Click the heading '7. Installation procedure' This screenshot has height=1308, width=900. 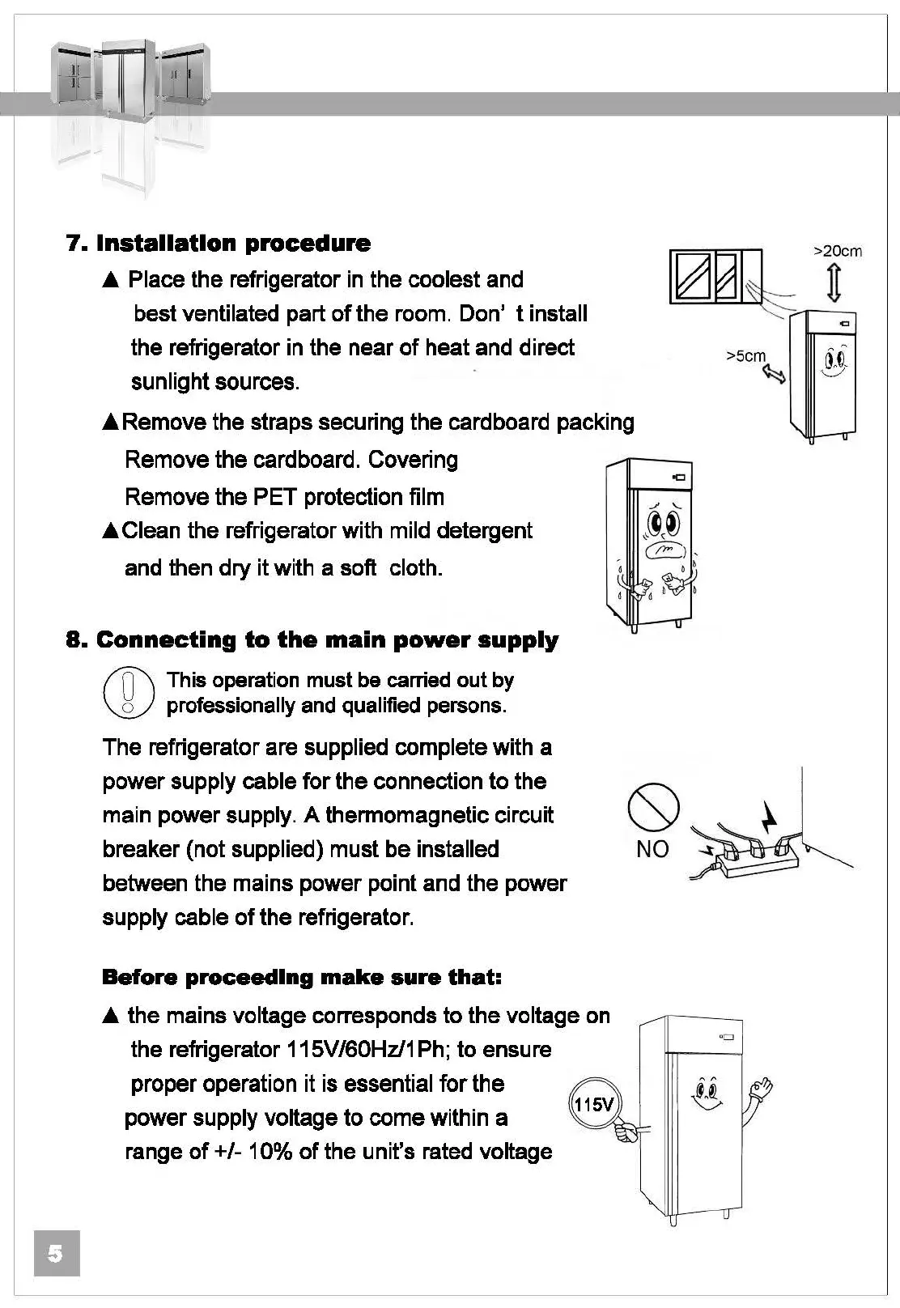point(218,243)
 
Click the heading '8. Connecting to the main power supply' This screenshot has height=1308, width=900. point(312,640)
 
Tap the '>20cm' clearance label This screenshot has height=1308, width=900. point(837,251)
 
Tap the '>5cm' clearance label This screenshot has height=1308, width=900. point(745,355)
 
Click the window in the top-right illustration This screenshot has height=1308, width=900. point(715,277)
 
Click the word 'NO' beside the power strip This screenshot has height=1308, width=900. point(652,849)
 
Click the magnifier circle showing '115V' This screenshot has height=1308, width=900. point(594,1104)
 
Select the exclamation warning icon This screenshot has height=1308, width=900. point(128,693)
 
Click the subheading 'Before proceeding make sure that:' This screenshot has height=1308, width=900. point(303,977)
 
